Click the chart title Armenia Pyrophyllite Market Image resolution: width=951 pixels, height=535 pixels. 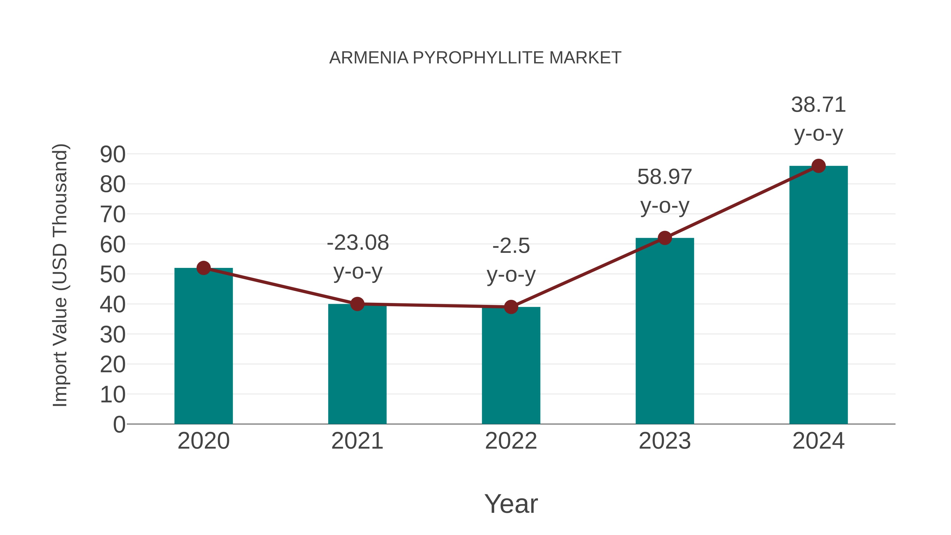[x=475, y=58]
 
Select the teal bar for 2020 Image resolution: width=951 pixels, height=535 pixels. [x=203, y=347]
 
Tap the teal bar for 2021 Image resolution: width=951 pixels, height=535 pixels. [x=357, y=366]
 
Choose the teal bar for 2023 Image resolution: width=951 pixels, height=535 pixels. [x=665, y=332]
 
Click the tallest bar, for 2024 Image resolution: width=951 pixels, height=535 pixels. [x=818, y=295]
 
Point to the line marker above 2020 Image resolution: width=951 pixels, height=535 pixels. [x=203, y=268]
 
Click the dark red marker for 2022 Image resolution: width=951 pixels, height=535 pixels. [x=511, y=307]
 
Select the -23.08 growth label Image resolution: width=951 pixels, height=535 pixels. [x=358, y=243]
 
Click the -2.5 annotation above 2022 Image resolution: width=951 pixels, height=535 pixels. [x=511, y=246]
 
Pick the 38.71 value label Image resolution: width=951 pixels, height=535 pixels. [x=818, y=105]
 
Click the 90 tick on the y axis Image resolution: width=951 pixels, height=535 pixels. [x=113, y=154]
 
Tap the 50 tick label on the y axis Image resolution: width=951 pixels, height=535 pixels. [x=113, y=275]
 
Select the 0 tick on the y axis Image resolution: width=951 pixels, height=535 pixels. [x=119, y=425]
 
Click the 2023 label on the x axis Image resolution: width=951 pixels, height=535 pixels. [x=665, y=441]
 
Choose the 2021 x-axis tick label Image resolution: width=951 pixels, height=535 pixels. [x=357, y=441]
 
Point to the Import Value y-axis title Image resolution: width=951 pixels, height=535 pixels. [x=60, y=275]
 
